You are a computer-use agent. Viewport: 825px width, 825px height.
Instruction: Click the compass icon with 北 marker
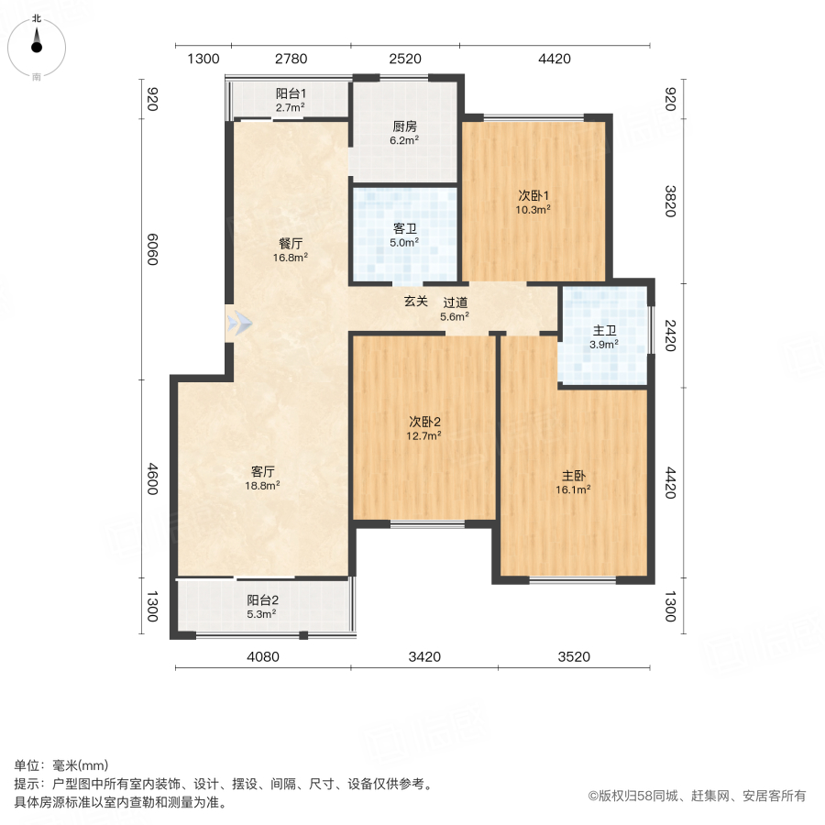coord(37,46)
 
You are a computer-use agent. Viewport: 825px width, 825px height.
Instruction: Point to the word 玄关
coord(416,302)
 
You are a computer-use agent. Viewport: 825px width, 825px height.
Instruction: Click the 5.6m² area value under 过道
coord(455,317)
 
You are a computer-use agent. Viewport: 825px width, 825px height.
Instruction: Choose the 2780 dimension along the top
coord(291,60)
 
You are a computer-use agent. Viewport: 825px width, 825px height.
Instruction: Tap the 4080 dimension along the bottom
coord(262,656)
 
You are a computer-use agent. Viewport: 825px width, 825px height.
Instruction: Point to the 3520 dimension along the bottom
coord(574,656)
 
